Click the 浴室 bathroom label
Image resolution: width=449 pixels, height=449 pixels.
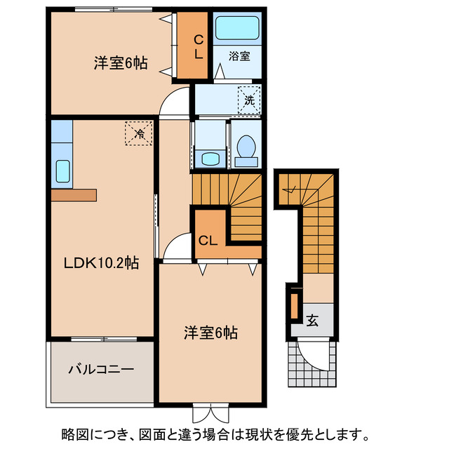[x=240, y=56]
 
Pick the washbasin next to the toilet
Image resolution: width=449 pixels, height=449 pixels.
[x=210, y=158]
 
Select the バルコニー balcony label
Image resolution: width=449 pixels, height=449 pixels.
[x=101, y=369]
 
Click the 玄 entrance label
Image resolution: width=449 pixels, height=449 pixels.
[x=312, y=321]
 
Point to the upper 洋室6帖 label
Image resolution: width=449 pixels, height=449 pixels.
[x=121, y=63]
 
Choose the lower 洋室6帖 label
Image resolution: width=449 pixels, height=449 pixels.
[x=210, y=333]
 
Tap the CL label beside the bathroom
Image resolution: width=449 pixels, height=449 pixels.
[x=199, y=46]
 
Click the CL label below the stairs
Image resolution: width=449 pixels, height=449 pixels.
[x=207, y=241]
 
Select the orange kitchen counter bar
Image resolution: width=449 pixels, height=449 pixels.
[x=73, y=194]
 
